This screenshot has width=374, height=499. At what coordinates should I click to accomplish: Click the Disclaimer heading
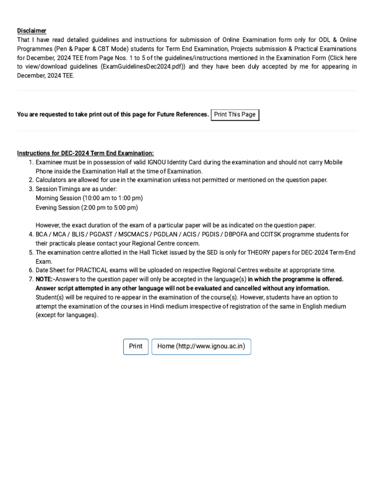(32, 30)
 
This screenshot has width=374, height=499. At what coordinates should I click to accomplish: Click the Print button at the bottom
(136, 346)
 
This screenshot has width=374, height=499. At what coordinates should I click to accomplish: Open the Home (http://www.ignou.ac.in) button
(201, 346)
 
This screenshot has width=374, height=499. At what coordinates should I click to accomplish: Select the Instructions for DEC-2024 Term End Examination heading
(85, 153)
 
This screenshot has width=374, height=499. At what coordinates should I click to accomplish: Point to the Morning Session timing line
(89, 198)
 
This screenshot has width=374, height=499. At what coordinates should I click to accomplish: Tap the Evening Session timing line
(87, 208)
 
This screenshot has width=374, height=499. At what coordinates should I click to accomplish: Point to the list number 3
(31, 189)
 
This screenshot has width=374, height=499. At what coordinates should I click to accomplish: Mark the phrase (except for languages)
(67, 315)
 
